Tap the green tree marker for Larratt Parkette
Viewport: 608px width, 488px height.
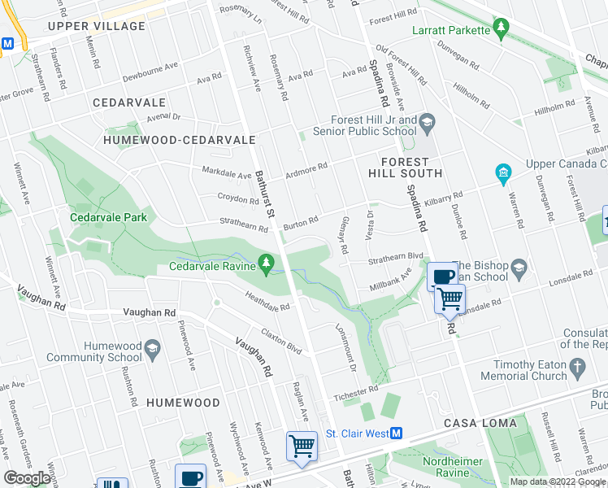click(502, 30)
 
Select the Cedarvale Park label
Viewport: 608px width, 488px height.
click(108, 217)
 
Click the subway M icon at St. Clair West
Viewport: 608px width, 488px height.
click(397, 434)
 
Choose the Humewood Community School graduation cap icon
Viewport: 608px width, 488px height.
click(151, 351)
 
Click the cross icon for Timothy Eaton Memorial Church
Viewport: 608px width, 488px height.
click(578, 368)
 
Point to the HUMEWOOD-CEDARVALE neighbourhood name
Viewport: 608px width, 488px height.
click(180, 140)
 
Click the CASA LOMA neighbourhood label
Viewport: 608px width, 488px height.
click(476, 424)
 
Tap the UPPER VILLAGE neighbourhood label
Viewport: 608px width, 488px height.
click(96, 26)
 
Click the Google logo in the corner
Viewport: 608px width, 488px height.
click(27, 478)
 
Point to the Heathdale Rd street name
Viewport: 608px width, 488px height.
click(267, 303)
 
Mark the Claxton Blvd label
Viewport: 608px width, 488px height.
click(281, 341)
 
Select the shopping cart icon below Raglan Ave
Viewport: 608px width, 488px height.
click(302, 446)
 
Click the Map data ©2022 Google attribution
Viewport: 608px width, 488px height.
click(557, 481)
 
